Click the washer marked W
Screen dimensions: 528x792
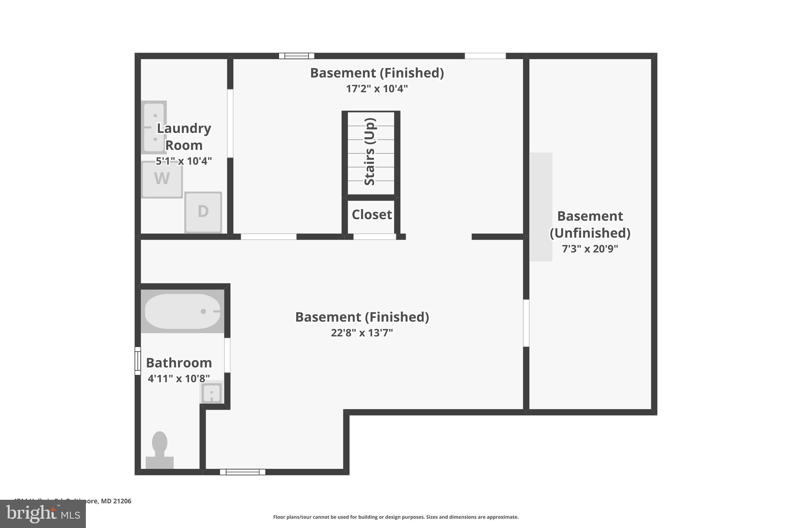pyautogui.click(x=162, y=179)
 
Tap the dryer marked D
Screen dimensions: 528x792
pyautogui.click(x=203, y=212)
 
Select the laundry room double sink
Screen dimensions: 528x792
pyautogui.click(x=154, y=127)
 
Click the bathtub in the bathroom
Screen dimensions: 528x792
pyautogui.click(x=182, y=311)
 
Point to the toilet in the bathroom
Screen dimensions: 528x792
pyautogui.click(x=160, y=449)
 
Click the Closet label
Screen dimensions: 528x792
pyautogui.click(x=372, y=214)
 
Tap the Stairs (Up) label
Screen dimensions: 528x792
pyautogui.click(x=370, y=152)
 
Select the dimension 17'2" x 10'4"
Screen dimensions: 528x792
pyautogui.click(x=377, y=89)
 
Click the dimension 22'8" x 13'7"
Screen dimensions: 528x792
pyautogui.click(x=362, y=333)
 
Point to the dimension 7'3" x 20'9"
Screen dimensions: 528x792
pyautogui.click(x=590, y=249)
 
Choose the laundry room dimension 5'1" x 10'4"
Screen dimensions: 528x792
pyautogui.click(x=184, y=161)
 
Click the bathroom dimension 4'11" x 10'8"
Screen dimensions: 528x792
pyautogui.click(x=179, y=378)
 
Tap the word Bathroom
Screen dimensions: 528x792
pyautogui.click(x=179, y=363)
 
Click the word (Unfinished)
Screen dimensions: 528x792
pyautogui.click(x=590, y=233)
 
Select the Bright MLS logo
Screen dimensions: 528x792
pyautogui.click(x=43, y=514)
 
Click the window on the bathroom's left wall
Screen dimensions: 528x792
pyautogui.click(x=138, y=361)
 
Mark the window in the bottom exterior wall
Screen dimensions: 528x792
pyautogui.click(x=242, y=472)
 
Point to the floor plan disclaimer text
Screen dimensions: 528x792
pyautogui.click(x=396, y=517)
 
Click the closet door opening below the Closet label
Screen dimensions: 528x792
pyautogui.click(x=374, y=237)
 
